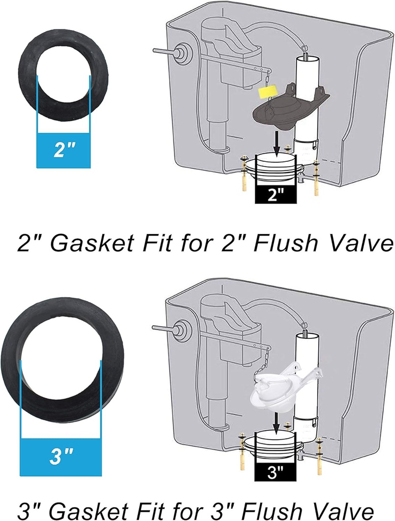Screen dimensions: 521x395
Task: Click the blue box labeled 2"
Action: click(64, 150)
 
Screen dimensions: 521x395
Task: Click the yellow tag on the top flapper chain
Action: click(267, 92)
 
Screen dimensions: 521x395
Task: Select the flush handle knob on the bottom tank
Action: click(179, 331)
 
